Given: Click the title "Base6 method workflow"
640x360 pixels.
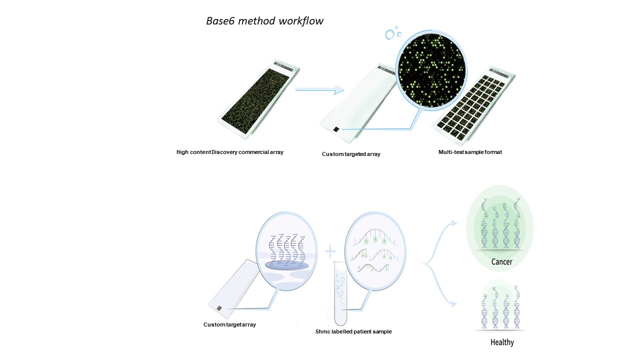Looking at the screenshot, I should (264, 21).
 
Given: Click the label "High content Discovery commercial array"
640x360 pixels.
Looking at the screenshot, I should (230, 152).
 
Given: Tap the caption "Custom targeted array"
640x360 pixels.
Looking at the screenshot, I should (351, 154).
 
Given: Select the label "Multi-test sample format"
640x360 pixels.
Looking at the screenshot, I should (470, 152).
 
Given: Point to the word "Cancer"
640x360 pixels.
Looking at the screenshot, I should (501, 261).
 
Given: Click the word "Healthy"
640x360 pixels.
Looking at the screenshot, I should (502, 342).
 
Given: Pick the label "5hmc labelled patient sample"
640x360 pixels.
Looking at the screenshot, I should (353, 331).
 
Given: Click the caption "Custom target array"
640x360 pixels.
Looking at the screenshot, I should (229, 324).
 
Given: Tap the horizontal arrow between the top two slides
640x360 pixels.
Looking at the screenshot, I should (320, 90).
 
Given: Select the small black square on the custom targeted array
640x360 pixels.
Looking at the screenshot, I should (336, 129).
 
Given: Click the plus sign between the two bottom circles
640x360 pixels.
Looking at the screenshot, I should (330, 250).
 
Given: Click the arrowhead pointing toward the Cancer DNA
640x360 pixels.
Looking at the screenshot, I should (454, 222).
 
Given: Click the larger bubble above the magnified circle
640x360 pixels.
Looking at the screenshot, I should (390, 34).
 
